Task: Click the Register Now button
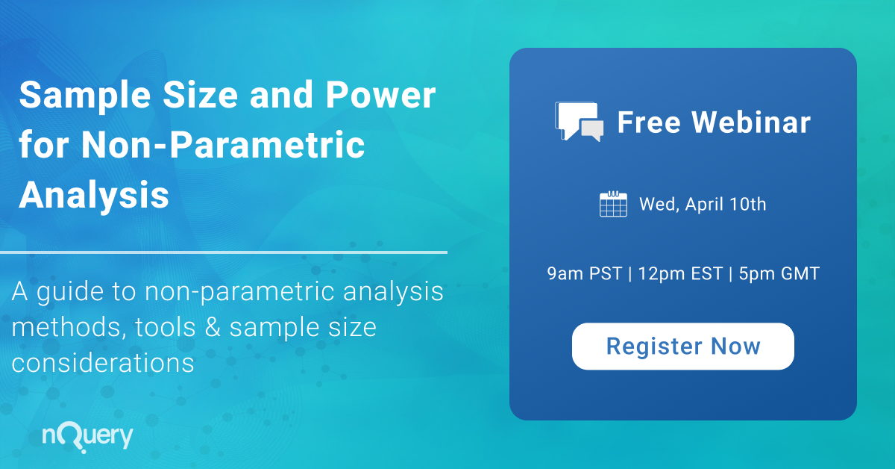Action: (x=682, y=347)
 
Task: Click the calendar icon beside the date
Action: (x=613, y=204)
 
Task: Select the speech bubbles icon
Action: (x=579, y=121)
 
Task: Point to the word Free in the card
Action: (x=645, y=122)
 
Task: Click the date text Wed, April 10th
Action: (x=702, y=204)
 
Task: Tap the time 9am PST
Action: (x=584, y=274)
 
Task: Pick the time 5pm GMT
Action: (x=779, y=274)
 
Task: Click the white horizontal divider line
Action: (x=224, y=252)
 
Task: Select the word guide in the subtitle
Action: (x=75, y=293)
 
